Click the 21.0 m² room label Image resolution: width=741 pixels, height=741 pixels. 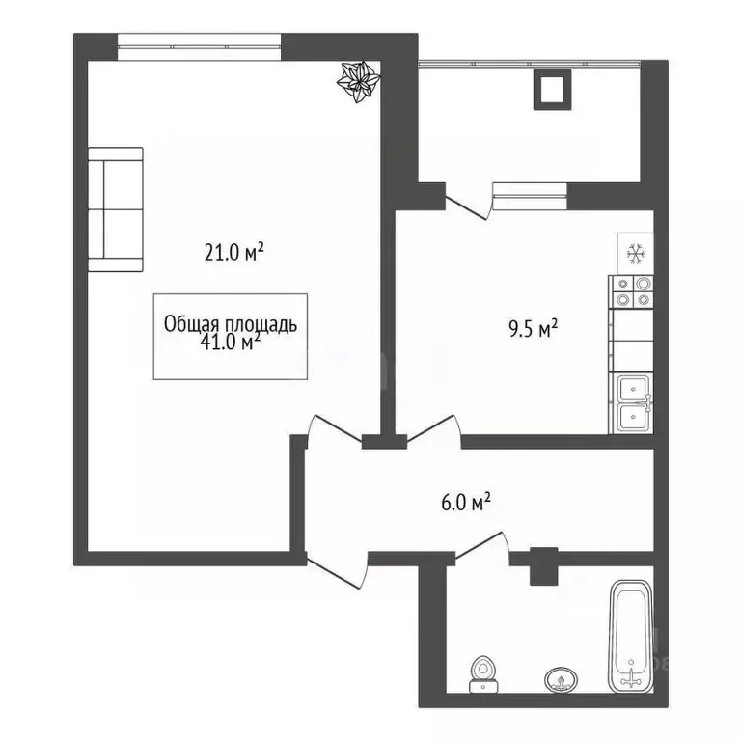coord(233,253)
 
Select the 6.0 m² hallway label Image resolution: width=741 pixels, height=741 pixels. coord(467,501)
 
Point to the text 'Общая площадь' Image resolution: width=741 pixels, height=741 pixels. coord(231,325)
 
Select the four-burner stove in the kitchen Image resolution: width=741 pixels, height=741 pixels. coord(631,291)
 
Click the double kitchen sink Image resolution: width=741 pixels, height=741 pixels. coord(631,403)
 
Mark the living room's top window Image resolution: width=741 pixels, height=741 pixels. coord(200,41)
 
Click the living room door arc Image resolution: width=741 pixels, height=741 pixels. coord(333,429)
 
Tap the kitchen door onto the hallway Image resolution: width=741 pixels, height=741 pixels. coord(433,428)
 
